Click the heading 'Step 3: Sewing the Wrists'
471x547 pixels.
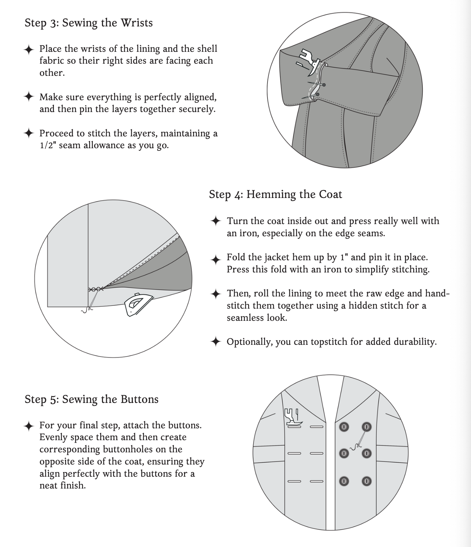click(89, 23)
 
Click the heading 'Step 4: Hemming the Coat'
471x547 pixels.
click(275, 194)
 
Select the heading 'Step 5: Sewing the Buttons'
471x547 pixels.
click(91, 399)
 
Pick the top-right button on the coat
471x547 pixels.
click(366, 427)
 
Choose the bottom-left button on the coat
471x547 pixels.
click(344, 481)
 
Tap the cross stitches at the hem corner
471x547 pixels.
click(96, 290)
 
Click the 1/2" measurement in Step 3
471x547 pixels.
click(47, 145)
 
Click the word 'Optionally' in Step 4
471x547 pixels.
click(249, 342)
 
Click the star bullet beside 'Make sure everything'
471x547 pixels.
click(29, 97)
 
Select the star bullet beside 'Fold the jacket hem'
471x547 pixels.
click(216, 259)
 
